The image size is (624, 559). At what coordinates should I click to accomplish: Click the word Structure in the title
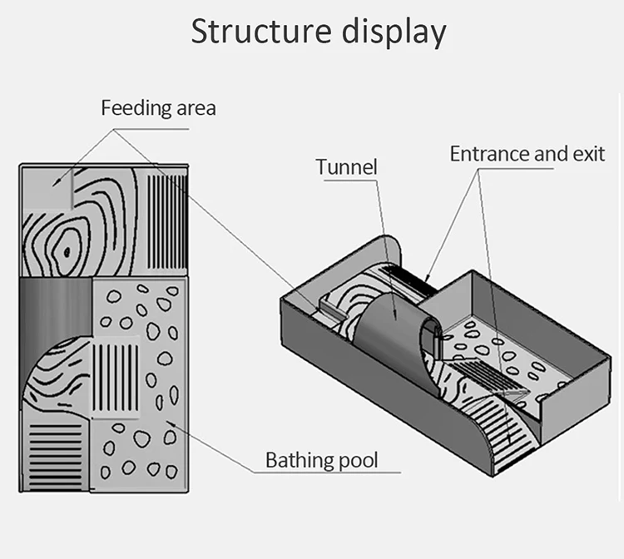[x=261, y=31]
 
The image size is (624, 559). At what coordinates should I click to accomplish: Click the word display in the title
[x=394, y=32]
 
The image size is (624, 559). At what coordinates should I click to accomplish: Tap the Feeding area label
[x=158, y=108]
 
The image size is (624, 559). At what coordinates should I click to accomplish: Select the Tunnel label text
[x=346, y=166]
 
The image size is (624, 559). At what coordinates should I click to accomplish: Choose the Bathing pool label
[x=321, y=461]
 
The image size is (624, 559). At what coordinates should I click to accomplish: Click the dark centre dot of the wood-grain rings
[x=67, y=251]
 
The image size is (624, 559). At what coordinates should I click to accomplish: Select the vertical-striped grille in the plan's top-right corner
[x=167, y=222]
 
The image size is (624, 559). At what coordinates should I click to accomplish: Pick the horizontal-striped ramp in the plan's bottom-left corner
[x=56, y=457]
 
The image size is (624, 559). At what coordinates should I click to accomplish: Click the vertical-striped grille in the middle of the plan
[x=116, y=378]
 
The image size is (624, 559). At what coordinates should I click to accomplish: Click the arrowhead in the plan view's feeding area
[x=57, y=182]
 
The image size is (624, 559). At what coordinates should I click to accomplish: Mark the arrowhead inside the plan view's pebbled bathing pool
[x=171, y=423]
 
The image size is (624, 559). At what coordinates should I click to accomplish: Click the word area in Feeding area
[x=196, y=109]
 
